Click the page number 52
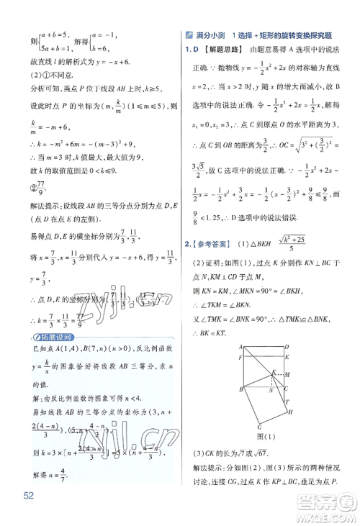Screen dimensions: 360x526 click(29, 495)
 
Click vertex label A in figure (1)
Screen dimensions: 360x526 click(241, 346)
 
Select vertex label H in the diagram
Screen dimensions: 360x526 click(289, 412)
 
